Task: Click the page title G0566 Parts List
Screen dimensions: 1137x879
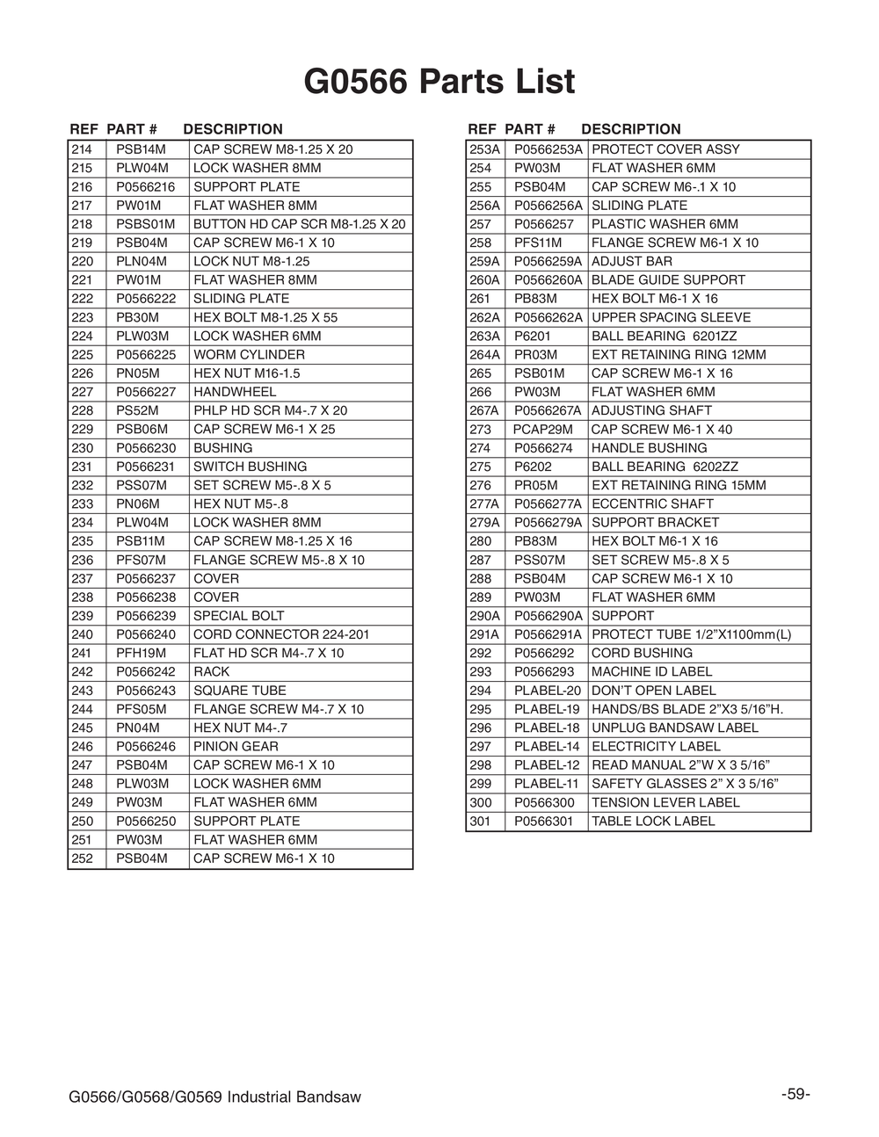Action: pyautogui.click(x=439, y=82)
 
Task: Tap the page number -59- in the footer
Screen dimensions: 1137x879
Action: pyautogui.click(x=795, y=1094)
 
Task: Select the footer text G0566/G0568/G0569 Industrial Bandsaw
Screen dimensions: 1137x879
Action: pyautogui.click(x=214, y=1097)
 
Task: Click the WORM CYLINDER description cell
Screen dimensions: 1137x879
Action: pyautogui.click(x=249, y=355)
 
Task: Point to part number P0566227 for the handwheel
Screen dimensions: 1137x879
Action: pyautogui.click(x=146, y=392)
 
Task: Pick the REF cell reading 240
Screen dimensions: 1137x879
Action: pyautogui.click(x=82, y=634)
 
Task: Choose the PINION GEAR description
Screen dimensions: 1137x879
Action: pyautogui.click(x=236, y=747)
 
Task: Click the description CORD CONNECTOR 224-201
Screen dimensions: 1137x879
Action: pyautogui.click(x=281, y=634)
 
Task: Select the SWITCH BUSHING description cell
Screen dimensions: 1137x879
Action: pyautogui.click(x=250, y=467)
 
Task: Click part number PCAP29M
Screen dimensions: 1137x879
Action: pyautogui.click(x=542, y=430)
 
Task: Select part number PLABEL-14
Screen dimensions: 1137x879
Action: pyautogui.click(x=547, y=747)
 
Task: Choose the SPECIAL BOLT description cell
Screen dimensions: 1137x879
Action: pyautogui.click(x=238, y=616)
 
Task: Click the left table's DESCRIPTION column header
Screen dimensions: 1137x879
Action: pyautogui.click(x=233, y=129)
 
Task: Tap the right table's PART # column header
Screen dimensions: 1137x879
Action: pyautogui.click(x=530, y=129)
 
